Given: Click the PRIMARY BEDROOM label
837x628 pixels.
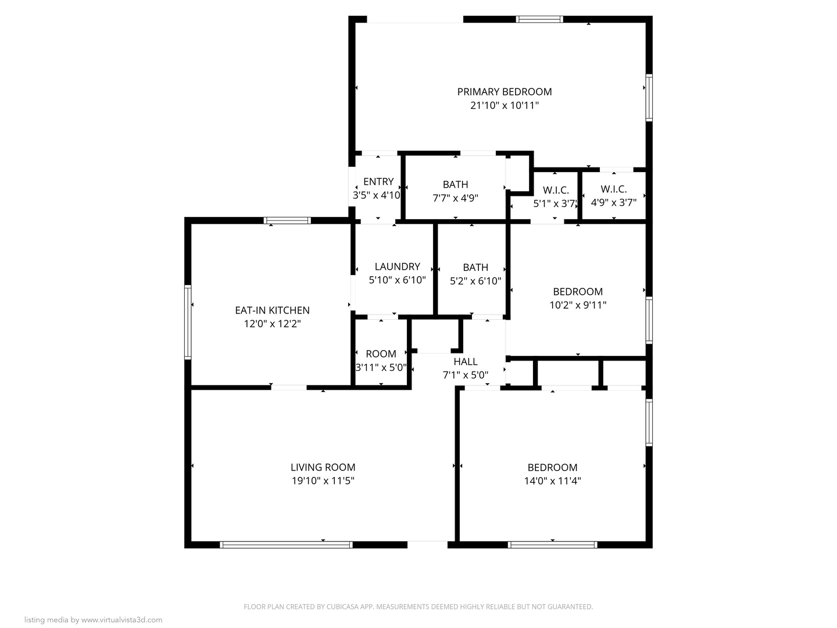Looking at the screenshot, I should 504,92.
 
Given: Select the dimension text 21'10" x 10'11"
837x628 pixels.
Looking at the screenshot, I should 504,106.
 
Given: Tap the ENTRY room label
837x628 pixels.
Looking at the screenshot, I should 378,181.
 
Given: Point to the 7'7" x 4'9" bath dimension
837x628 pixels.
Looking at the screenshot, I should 455,198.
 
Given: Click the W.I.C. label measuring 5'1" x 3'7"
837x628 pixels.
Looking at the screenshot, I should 556,190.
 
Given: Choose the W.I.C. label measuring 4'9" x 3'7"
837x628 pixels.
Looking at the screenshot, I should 614,189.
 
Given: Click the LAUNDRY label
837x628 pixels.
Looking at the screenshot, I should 397,266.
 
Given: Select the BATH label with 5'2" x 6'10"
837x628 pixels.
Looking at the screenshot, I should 475,267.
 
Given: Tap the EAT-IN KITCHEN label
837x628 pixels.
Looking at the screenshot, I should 272,311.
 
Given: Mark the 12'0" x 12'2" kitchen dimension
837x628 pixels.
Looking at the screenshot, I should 272,324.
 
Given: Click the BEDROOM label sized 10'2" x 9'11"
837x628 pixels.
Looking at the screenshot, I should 578,292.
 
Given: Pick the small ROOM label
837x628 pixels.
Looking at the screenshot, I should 381,354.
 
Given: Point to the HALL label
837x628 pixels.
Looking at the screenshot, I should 466,362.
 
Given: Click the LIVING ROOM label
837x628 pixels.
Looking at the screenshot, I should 323,468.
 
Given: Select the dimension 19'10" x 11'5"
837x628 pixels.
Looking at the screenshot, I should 323,481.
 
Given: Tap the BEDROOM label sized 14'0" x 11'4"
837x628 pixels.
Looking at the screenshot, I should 552,468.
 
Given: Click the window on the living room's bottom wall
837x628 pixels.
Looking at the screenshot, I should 286,545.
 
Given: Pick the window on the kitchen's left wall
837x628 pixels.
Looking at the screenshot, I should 188,322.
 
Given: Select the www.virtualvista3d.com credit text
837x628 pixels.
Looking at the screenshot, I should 121,620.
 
